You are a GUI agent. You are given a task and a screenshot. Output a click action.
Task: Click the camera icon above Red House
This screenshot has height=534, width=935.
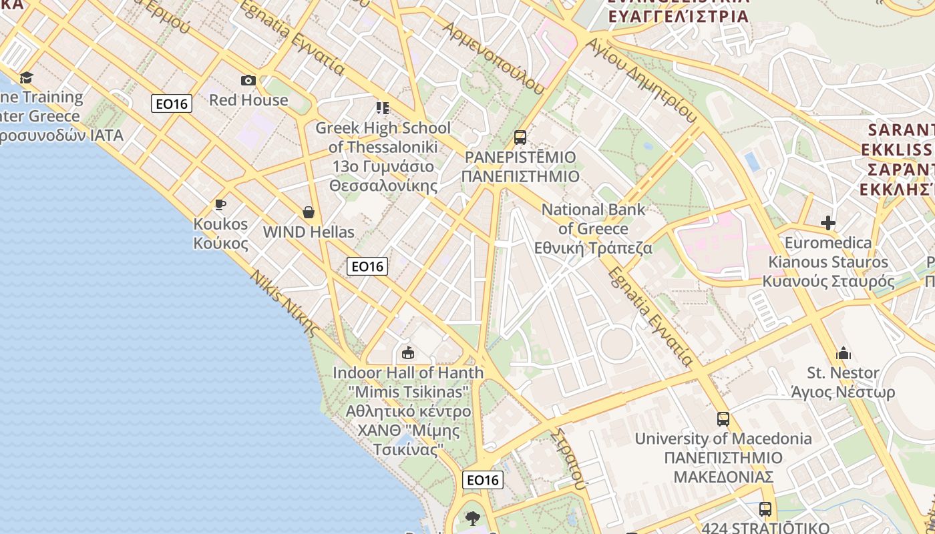point(248,81)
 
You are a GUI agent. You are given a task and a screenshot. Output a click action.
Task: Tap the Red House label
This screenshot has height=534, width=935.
point(248,100)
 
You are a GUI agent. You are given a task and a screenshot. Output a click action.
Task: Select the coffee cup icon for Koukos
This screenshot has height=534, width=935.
point(220,204)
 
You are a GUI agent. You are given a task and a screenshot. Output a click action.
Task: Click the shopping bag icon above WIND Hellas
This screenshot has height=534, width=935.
point(309,212)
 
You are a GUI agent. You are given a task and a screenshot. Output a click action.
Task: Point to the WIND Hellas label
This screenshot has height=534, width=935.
point(309,232)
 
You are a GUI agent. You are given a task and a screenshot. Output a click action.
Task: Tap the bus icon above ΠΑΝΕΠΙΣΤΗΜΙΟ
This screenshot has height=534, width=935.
point(520,138)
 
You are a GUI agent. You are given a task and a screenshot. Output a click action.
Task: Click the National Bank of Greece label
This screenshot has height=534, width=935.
point(594,228)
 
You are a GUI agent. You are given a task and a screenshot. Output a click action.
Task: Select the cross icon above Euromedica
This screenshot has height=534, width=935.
point(828,223)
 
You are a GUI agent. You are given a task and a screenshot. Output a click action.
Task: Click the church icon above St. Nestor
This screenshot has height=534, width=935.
point(844,352)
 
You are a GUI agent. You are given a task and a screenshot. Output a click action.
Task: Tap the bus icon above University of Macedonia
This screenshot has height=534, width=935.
point(723,419)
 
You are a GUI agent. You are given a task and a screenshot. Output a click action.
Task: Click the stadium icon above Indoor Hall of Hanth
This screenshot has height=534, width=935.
point(408,352)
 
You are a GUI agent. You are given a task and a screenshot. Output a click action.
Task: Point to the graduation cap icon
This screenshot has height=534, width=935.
point(26,77)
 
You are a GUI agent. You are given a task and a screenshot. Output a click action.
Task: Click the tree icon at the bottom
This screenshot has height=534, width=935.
point(473,518)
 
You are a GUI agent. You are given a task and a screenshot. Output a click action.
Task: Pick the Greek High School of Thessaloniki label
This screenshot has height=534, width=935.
point(383,137)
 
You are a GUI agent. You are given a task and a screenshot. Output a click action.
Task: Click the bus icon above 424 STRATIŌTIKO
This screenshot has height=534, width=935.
point(765,509)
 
